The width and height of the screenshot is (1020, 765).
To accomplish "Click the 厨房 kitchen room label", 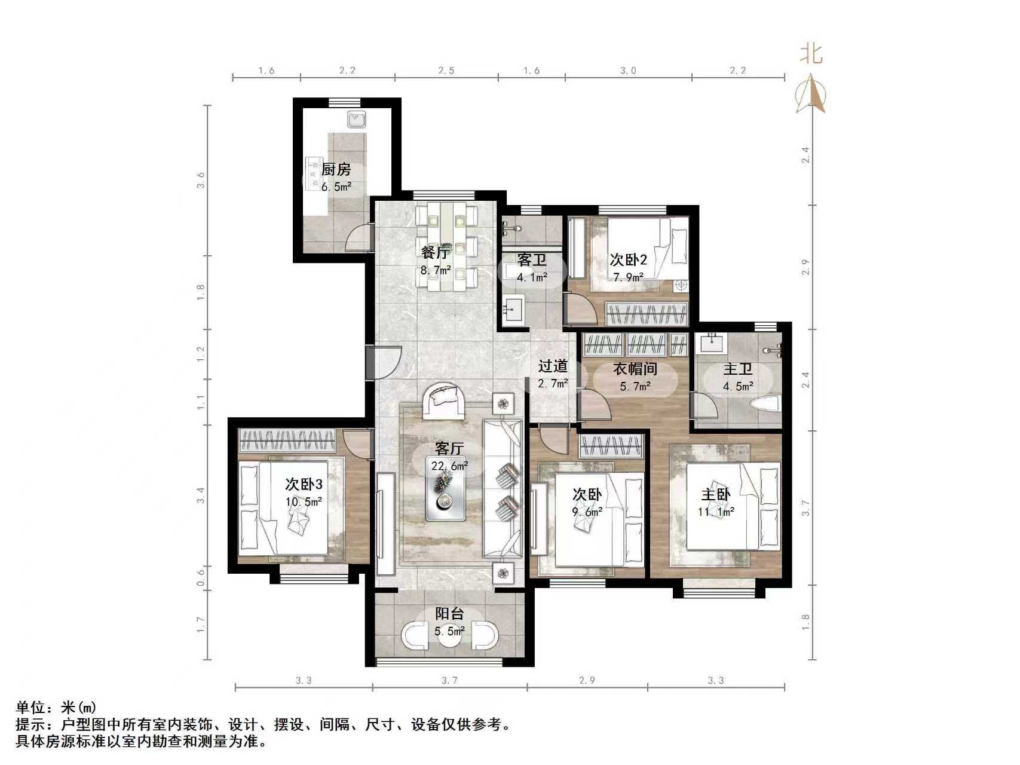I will coord(336,170).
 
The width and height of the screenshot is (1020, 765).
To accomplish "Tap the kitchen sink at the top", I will coord(357,120).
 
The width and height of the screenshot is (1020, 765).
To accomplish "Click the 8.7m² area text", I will coord(436,270).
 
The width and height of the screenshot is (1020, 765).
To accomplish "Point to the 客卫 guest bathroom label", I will coord(532,260).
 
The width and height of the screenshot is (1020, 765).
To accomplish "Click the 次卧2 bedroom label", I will coord(628,260).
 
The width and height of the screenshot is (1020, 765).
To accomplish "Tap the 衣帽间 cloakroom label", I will coord(635,369).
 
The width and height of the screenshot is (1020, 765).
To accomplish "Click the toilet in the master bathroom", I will coord(765,403).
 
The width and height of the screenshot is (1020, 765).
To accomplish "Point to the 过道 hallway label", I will coord(553,366).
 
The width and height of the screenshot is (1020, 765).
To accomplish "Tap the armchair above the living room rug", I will coord(445,400).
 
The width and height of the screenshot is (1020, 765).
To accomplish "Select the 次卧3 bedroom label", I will coord(304,484).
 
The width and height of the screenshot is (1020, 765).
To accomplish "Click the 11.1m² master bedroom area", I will coord(716,512).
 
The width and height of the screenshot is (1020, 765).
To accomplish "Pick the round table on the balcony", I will coord(450,636).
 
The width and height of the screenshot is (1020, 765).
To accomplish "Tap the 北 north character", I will coord(811,54).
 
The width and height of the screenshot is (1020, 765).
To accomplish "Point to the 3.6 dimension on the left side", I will coord(201,180).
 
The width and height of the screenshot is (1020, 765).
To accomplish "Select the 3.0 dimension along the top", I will coord(628,71).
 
